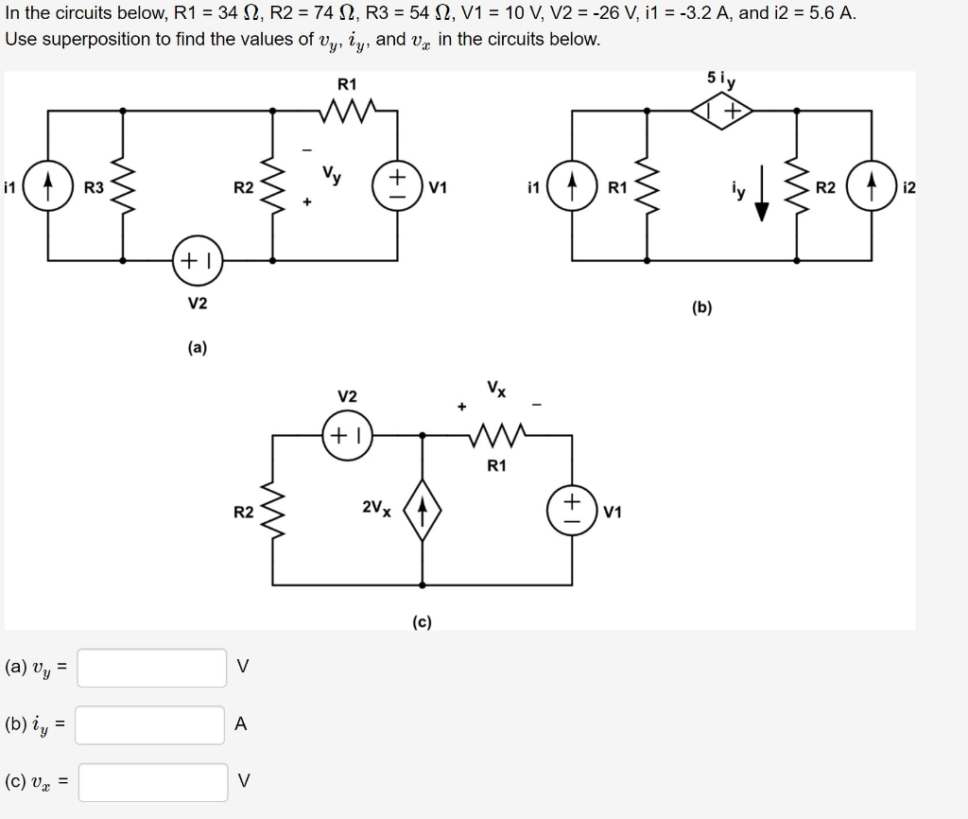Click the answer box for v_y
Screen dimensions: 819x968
[152, 667]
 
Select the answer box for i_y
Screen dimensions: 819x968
[151, 725]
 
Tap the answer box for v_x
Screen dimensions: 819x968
[152, 782]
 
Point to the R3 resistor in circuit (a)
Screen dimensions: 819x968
[123, 186]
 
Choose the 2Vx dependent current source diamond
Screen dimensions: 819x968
[422, 511]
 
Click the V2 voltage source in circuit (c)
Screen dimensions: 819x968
[348, 435]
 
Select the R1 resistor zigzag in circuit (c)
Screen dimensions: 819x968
[497, 436]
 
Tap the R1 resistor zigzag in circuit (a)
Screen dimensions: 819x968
[348, 113]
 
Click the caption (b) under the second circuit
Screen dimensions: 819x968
[702, 306]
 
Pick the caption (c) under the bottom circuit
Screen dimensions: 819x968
[422, 621]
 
